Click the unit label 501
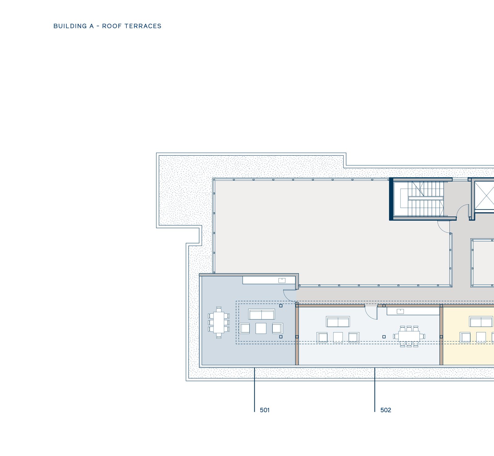(x=265, y=410)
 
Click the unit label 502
(x=386, y=410)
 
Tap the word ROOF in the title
(x=112, y=26)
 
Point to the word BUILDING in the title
(x=70, y=26)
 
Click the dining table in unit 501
(x=219, y=322)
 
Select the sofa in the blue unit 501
(x=262, y=314)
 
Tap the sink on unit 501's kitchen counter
(x=282, y=280)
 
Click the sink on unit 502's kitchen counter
(x=400, y=311)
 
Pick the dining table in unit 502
(x=409, y=336)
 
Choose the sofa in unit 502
(x=338, y=322)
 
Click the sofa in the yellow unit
(x=481, y=322)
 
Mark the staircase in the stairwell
(x=426, y=199)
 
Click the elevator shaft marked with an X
(x=484, y=195)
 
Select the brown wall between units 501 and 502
(x=297, y=335)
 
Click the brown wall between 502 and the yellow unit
(x=441, y=335)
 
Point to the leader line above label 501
(x=254, y=390)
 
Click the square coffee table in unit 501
(x=261, y=328)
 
